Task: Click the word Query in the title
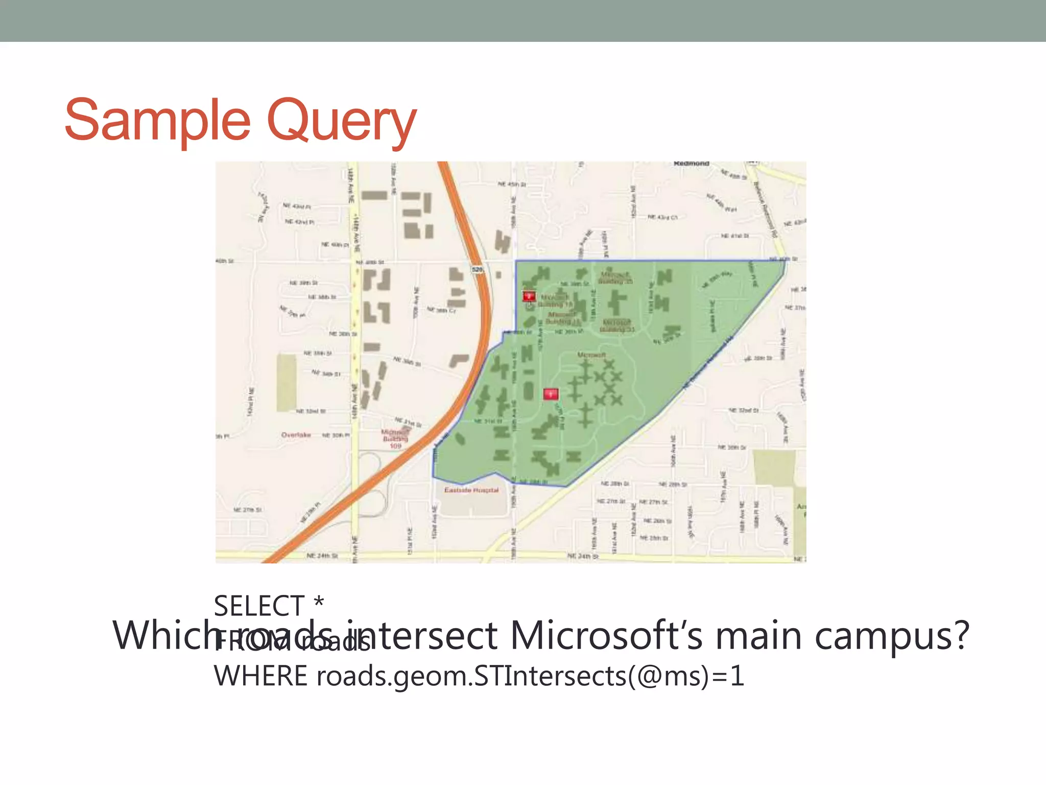341,122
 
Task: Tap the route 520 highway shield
477,269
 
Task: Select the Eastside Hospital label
471,490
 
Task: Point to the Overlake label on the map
296,435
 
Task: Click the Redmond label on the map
691,164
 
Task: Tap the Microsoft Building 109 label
395,439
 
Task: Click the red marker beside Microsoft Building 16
529,296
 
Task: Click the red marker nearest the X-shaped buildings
550,394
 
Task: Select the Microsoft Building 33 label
617,326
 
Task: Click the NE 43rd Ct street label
662,217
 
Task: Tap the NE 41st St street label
735,236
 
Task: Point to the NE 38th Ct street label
441,310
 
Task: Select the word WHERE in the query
260,676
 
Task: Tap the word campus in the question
891,636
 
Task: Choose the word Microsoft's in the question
606,636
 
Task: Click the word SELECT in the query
259,607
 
